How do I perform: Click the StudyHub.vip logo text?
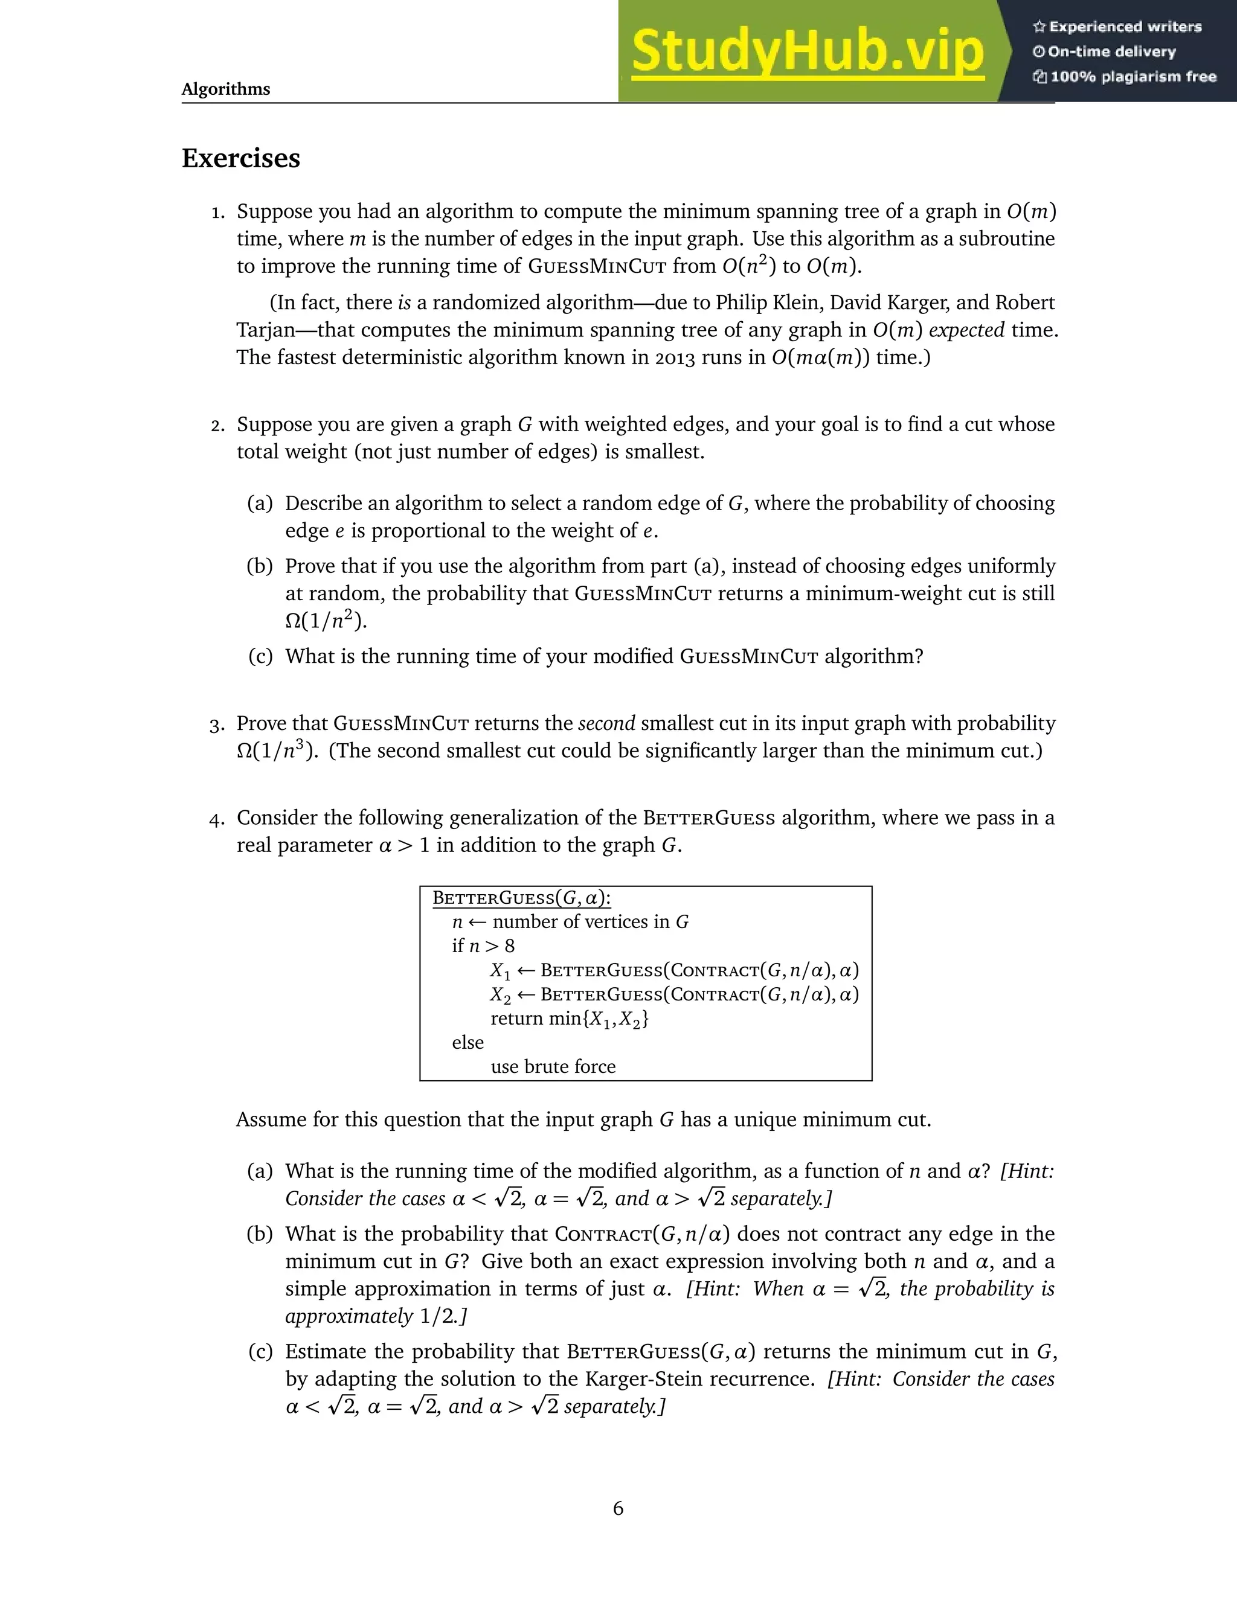pyautogui.click(x=807, y=52)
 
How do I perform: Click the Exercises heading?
pyautogui.click(x=241, y=158)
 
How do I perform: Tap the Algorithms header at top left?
pyautogui.click(x=226, y=89)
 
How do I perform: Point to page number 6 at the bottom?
pyautogui.click(x=618, y=1508)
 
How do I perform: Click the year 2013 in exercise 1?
pyautogui.click(x=674, y=357)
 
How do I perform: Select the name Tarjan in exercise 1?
pyautogui.click(x=265, y=330)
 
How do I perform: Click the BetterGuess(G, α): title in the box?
pyautogui.click(x=521, y=898)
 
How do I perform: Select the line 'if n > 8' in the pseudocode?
pyautogui.click(x=483, y=946)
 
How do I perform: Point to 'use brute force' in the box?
pyautogui.click(x=553, y=1067)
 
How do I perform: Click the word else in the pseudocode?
pyautogui.click(x=467, y=1043)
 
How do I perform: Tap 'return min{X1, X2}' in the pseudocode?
pyautogui.click(x=570, y=1019)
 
